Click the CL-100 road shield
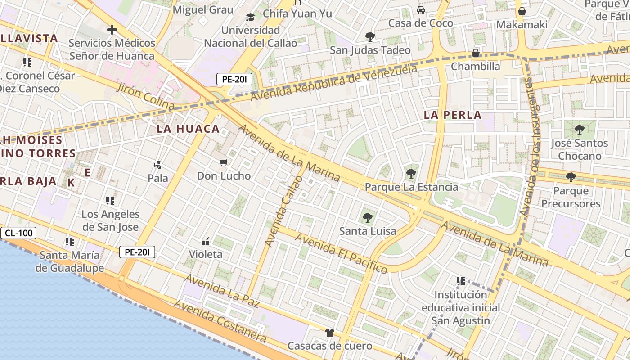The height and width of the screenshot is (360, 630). [x=18, y=233]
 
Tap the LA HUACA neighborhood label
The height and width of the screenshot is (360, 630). [x=188, y=129]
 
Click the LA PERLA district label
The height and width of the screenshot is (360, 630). [x=453, y=115]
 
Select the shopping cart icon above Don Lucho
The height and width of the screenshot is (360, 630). [x=224, y=162]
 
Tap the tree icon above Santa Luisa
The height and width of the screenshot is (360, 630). [x=368, y=218]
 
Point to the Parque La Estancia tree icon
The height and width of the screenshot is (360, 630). [x=411, y=174]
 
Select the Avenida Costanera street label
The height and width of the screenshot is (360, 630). [x=220, y=320]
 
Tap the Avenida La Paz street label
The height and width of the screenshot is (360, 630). [x=222, y=291]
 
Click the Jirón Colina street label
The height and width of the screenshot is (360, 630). [x=145, y=96]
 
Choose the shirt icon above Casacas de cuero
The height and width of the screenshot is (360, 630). [x=330, y=333]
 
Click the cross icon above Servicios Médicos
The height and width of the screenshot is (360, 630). [x=112, y=30]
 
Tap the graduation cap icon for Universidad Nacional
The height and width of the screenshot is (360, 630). [x=250, y=17]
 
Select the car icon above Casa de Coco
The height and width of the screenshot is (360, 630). [x=421, y=10]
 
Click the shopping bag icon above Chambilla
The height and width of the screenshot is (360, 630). [x=475, y=54]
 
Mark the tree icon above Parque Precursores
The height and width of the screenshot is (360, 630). [x=571, y=177]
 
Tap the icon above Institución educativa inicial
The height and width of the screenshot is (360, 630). [x=461, y=281]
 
